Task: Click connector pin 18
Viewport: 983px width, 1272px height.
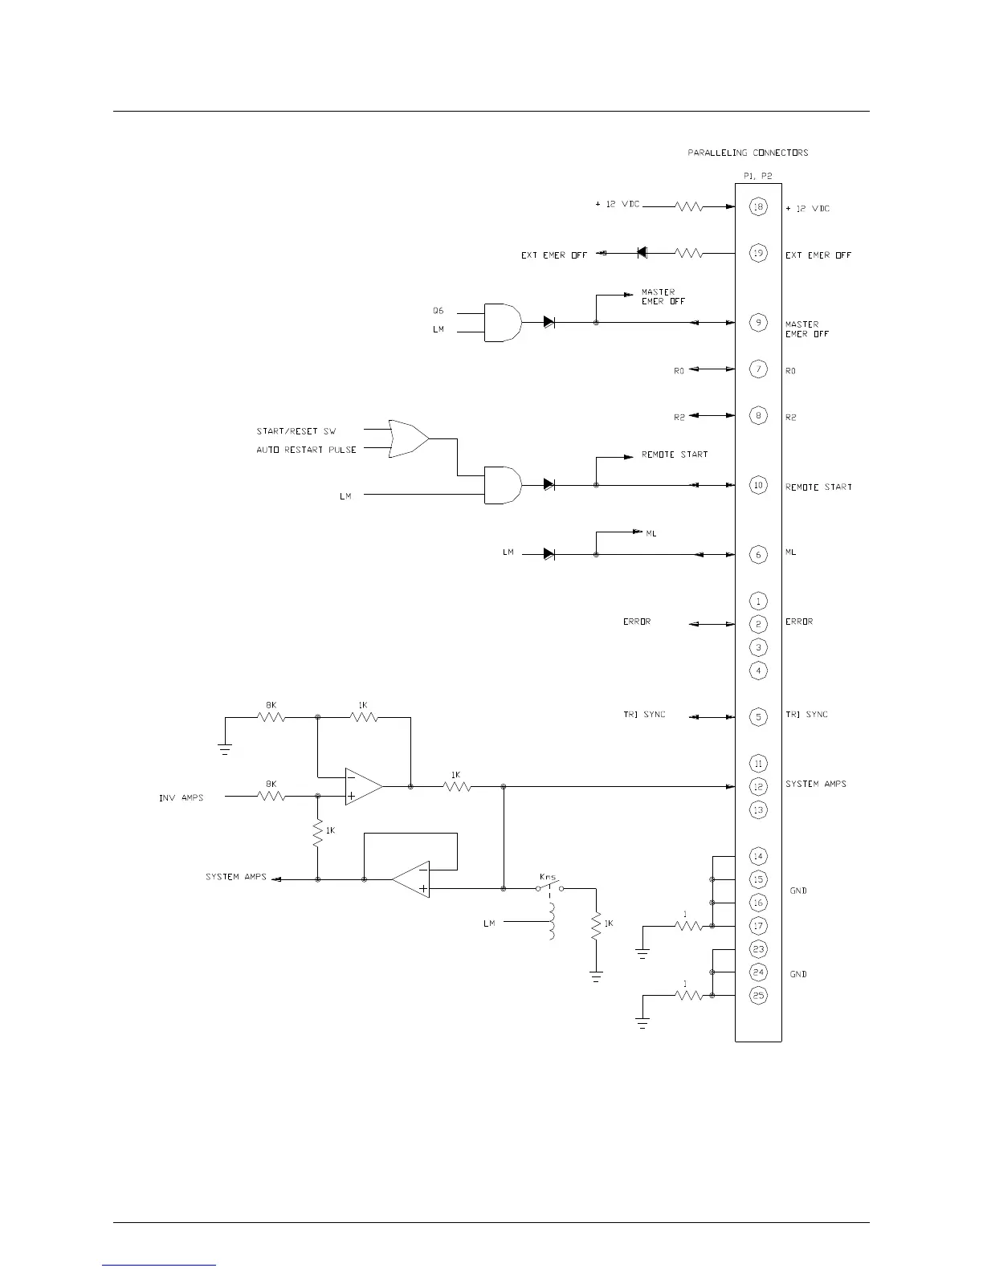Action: tap(758, 207)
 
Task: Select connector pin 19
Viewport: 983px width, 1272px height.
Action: tap(758, 254)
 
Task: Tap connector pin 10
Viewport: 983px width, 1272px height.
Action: tap(758, 485)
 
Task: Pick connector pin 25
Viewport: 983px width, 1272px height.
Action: tap(758, 996)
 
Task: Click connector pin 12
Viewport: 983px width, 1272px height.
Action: tap(758, 787)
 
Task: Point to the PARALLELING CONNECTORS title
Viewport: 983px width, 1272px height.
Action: tap(748, 153)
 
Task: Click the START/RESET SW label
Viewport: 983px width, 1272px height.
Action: tap(296, 431)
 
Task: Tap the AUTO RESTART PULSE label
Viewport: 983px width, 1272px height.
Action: tap(306, 450)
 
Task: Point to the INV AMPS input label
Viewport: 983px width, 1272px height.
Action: tap(181, 797)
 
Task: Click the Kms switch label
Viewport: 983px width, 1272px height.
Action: tap(548, 877)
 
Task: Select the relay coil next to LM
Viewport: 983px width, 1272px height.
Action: tap(552, 921)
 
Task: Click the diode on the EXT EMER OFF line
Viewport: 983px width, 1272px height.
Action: tap(642, 253)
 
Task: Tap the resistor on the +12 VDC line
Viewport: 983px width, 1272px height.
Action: tap(689, 206)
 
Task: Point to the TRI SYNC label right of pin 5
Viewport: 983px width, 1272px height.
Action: tap(806, 715)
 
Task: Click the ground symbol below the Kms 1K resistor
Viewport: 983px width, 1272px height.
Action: tap(596, 976)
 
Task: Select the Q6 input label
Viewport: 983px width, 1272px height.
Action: tap(438, 311)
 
